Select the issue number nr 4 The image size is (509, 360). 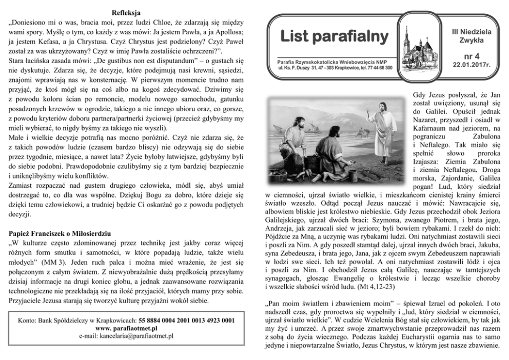tap(471, 56)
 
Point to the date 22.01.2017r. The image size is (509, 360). tap(471, 65)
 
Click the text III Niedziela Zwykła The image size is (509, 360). tap(471, 34)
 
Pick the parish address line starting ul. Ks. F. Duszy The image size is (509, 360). tap(335, 67)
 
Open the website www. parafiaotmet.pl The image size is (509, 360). tap(126, 327)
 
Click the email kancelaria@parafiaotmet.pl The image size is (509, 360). tap(126, 335)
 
